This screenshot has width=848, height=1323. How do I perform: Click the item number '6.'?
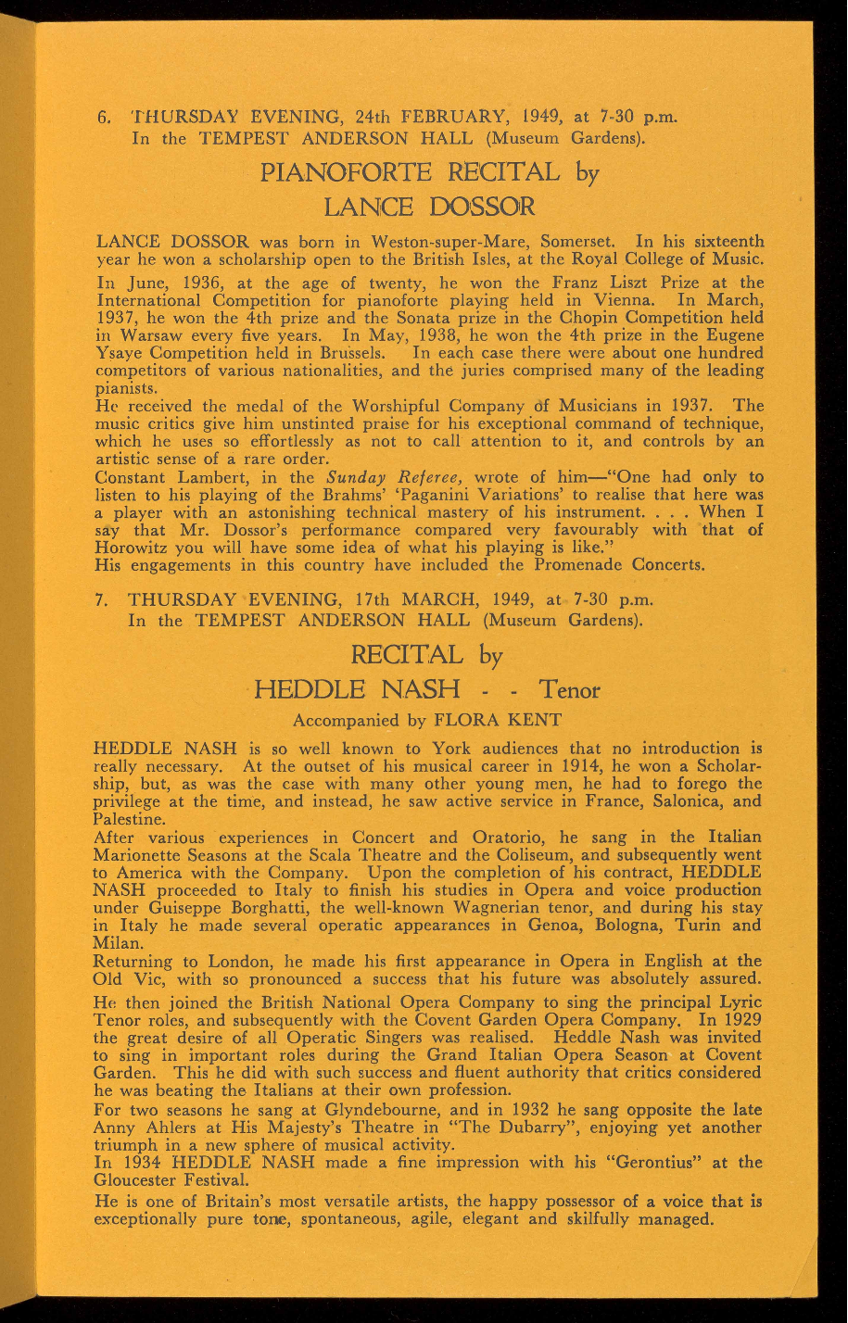pyautogui.click(x=104, y=118)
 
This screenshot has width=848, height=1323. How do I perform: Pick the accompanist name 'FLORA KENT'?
pyautogui.click(x=498, y=719)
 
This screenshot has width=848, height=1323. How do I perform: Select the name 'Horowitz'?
pyautogui.click(x=137, y=548)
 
